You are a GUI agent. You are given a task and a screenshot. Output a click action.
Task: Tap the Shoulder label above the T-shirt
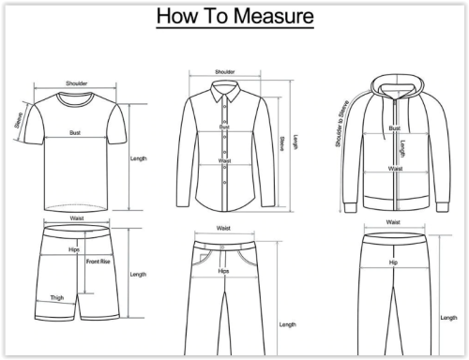click(77, 83)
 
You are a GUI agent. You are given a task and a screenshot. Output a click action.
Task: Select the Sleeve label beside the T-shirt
click(19, 120)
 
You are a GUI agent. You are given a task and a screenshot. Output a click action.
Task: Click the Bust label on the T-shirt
click(75, 133)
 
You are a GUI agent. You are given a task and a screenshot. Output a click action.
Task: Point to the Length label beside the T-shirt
click(138, 158)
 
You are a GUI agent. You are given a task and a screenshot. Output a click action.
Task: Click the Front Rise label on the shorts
click(98, 262)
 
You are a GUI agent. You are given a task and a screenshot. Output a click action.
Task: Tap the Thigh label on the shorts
click(57, 298)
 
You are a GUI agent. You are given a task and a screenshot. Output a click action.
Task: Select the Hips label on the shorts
click(74, 249)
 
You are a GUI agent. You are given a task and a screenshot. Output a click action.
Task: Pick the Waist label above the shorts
click(77, 218)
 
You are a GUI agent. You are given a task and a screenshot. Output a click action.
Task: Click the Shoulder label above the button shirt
click(224, 72)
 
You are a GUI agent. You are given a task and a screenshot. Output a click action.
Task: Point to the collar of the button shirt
click(225, 91)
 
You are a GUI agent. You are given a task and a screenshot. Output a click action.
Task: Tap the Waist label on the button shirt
click(224, 160)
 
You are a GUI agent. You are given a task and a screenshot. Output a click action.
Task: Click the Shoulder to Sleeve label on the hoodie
click(341, 124)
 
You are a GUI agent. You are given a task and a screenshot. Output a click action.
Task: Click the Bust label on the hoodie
click(395, 128)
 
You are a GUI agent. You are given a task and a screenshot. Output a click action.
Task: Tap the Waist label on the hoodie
click(395, 169)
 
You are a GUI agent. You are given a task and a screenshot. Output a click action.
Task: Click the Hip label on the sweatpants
click(393, 262)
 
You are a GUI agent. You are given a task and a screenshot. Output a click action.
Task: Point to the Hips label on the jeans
click(223, 271)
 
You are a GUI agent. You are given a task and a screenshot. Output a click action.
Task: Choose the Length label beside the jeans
click(287, 324)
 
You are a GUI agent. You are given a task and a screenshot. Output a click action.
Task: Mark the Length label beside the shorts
click(138, 275)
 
